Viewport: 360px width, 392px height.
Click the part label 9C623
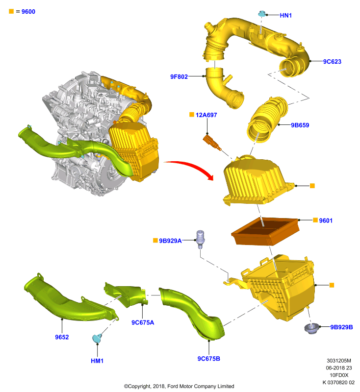[332, 62]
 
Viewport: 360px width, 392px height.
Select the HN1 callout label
[286, 16]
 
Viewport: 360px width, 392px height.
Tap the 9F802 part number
[179, 77]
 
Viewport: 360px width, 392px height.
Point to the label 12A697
[206, 115]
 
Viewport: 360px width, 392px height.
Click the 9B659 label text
[300, 125]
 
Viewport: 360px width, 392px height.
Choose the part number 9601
[326, 220]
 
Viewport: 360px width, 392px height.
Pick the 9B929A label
[170, 241]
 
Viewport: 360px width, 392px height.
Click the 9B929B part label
[341, 327]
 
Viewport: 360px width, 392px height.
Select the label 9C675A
[143, 322]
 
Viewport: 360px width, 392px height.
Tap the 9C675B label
[208, 359]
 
